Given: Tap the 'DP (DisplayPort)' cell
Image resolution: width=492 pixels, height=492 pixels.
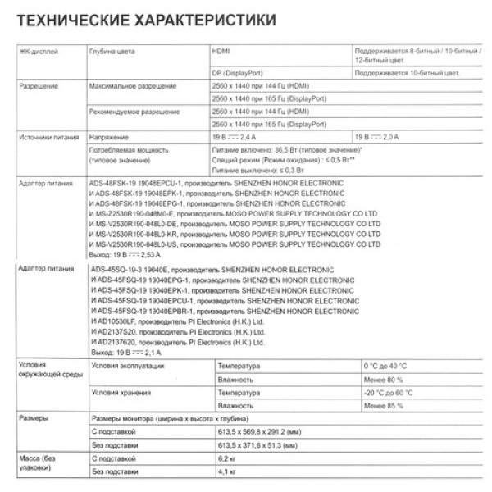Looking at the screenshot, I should (x=242, y=73).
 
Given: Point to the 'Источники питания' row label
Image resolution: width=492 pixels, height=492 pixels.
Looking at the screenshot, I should (x=46, y=137).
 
